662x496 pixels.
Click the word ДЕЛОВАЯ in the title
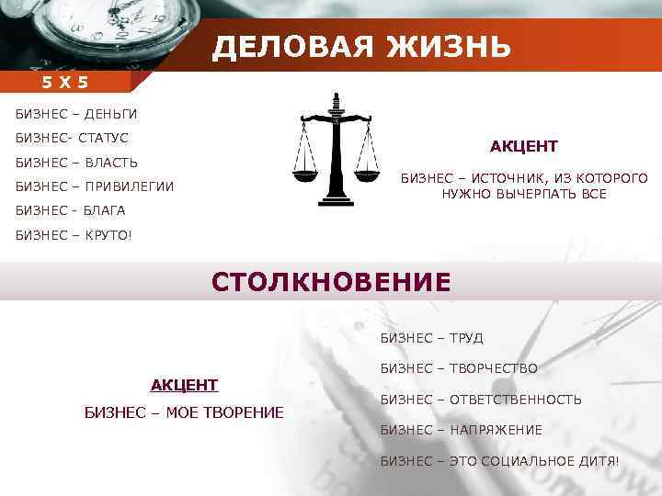tap(289, 46)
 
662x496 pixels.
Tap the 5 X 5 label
tap(64, 83)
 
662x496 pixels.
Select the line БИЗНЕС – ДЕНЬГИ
tap(76, 114)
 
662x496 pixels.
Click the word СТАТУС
tap(104, 138)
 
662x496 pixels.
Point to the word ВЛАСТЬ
tap(108, 163)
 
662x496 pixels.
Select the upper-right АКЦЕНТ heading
tap(523, 147)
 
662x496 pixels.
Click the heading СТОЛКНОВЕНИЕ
tap(331, 281)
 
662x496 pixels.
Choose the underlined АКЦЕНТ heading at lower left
tap(184, 384)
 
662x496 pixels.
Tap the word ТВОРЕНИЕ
tap(238, 411)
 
